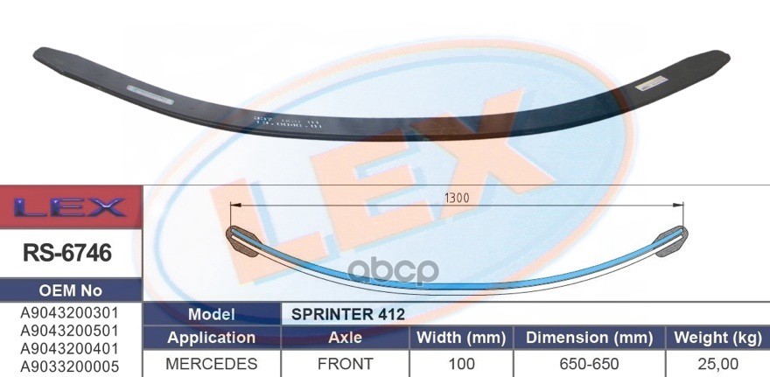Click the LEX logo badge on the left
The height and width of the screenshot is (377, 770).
pyautogui.click(x=70, y=207)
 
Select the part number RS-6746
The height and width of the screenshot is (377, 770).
pyautogui.click(x=70, y=255)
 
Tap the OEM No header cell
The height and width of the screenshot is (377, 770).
pyautogui.click(x=70, y=290)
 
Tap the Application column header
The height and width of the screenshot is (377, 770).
pyautogui.click(x=210, y=338)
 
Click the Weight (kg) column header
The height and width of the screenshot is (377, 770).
pyautogui.click(x=717, y=338)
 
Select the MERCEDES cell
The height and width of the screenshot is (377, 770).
pyautogui.click(x=210, y=363)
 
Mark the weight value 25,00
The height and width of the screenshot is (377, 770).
pyautogui.click(x=717, y=363)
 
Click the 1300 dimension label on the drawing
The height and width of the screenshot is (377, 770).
pyautogui.click(x=456, y=198)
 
